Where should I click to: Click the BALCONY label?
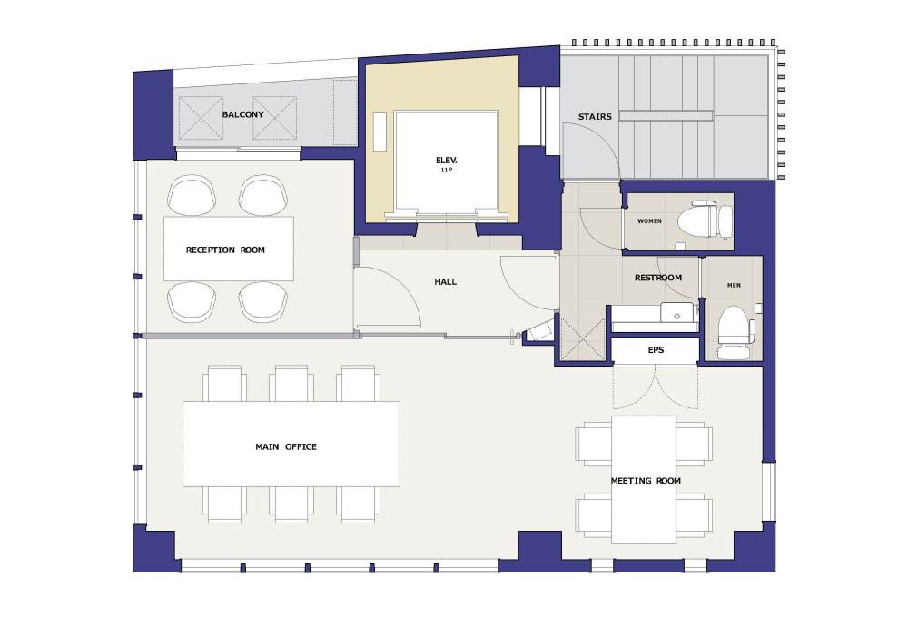coord(242,114)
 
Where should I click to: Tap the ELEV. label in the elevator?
coord(447,161)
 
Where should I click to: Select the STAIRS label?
coord(595,117)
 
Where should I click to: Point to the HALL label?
coord(445,282)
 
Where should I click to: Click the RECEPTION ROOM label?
coord(225,250)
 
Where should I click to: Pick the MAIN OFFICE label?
coord(286,446)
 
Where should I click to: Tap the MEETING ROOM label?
coord(646,481)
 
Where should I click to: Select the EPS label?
coord(656,350)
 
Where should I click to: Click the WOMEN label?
coord(649,221)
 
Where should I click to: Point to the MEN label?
coord(734,285)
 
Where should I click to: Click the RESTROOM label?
coord(657,278)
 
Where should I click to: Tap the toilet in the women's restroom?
coord(705,220)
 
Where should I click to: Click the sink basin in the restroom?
coord(677,312)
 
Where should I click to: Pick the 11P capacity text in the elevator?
coord(446,171)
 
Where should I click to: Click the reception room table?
coord(229,249)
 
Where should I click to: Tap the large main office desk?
coord(291,444)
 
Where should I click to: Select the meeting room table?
coord(644,480)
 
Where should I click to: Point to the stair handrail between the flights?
coord(666,116)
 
